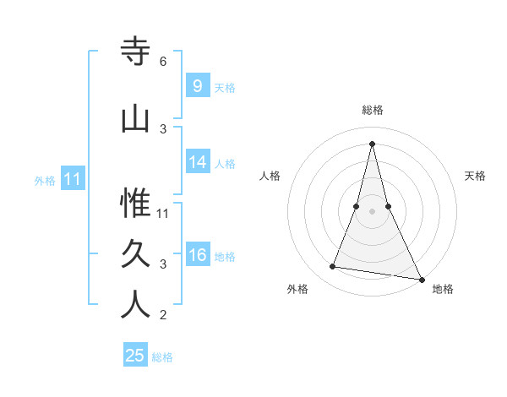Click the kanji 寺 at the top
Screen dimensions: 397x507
pos(136,52)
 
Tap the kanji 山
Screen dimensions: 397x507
pos(136,119)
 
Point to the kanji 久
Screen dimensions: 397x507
pos(136,254)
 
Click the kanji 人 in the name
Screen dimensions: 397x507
pos(136,305)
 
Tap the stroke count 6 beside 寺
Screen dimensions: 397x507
pos(163,62)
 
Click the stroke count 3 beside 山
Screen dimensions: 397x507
pos(163,128)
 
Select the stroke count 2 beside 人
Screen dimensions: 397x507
pos(163,315)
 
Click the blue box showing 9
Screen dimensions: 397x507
pos(197,86)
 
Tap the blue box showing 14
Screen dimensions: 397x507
pos(198,162)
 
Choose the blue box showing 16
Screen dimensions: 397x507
pos(198,255)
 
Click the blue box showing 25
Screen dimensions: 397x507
pos(135,356)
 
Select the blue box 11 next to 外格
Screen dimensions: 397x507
pos(73,179)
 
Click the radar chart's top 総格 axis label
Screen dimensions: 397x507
pos(373,110)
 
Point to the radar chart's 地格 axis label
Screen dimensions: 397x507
pos(443,289)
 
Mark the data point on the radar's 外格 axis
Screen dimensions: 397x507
pos(333,267)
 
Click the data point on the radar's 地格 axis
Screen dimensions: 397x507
pos(421,278)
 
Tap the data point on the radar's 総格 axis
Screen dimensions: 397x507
pos(373,143)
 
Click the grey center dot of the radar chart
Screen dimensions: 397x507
pos(373,210)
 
